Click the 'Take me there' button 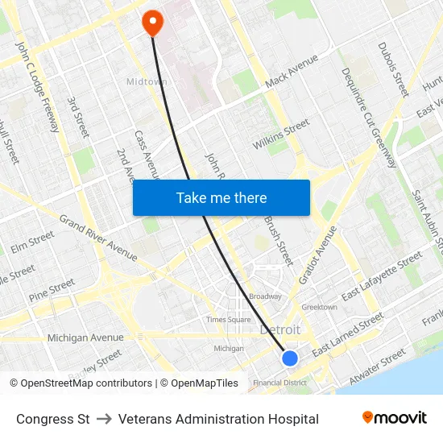point(221,197)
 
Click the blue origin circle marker point(290,358)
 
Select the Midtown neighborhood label point(147,81)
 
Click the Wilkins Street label point(280,135)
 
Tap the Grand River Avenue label point(98,238)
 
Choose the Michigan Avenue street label point(85,337)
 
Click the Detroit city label point(279,330)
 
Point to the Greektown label point(319,307)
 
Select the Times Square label point(228,320)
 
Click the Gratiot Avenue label point(317,255)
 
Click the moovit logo point(395,418)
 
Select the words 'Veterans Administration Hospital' point(218,419)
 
